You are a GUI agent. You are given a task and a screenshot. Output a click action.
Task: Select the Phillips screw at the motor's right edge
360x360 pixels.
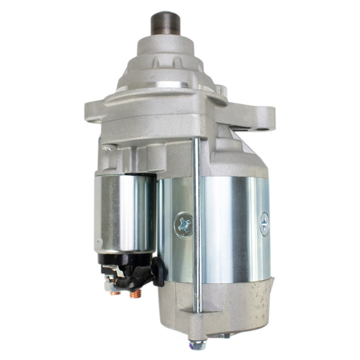click(x=264, y=224)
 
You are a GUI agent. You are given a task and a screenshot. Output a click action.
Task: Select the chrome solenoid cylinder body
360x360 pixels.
click(x=124, y=212)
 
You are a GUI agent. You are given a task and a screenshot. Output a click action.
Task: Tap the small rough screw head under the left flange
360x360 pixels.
click(x=109, y=147)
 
